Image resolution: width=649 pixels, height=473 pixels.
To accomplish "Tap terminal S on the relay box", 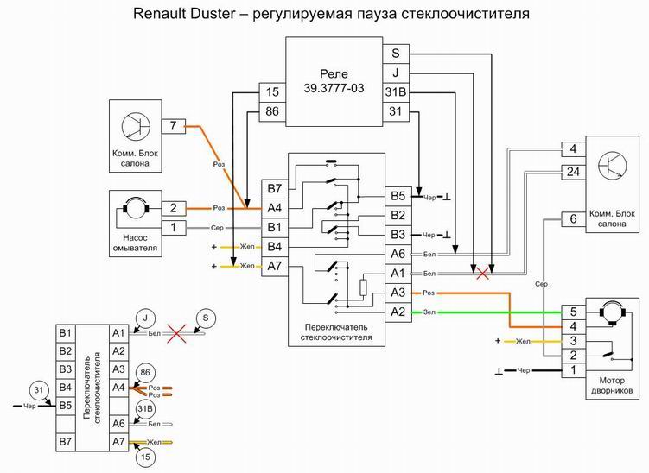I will [395, 53].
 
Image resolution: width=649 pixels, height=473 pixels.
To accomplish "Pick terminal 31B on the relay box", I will [395, 91].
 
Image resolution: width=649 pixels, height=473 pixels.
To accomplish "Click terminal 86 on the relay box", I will [272, 110].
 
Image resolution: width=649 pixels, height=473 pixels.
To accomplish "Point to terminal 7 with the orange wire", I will [174, 127].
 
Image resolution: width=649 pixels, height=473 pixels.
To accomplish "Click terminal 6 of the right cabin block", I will [573, 219].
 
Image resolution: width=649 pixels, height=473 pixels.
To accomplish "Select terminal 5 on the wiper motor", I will [573, 312].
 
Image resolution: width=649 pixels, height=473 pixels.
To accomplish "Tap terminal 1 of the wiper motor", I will [573, 370].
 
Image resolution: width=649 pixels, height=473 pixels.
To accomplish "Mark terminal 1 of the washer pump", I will [174, 227].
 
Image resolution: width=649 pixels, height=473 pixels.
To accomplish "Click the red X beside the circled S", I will [178, 331].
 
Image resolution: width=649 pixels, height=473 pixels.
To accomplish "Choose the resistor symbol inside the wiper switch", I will [364, 287].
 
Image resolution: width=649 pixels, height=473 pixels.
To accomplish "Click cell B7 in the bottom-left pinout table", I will [64, 443].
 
